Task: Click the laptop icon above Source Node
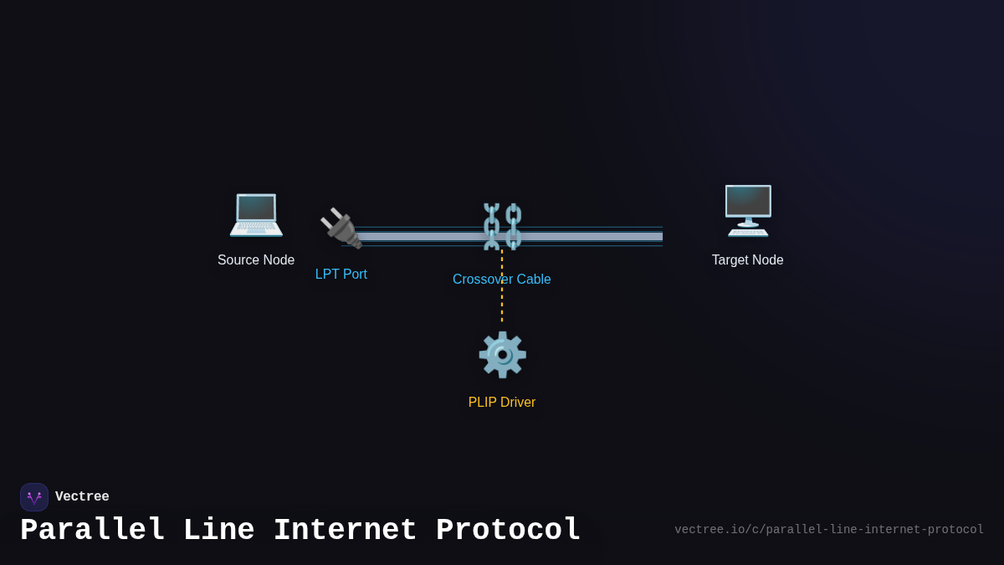point(256,214)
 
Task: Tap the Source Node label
point(256,260)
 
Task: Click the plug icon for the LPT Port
point(341,228)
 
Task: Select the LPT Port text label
point(341,275)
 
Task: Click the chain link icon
point(502,226)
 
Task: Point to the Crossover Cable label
point(502,280)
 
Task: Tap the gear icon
point(502,355)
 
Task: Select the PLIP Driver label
point(502,403)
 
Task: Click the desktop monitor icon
point(748,210)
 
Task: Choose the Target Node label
point(748,260)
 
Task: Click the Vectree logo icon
point(34,497)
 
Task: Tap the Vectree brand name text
point(82,497)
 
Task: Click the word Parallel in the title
point(92,531)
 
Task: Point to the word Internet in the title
point(345,531)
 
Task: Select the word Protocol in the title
point(508,531)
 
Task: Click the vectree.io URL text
point(829,530)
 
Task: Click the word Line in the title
point(218,531)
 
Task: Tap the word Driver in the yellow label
point(518,403)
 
